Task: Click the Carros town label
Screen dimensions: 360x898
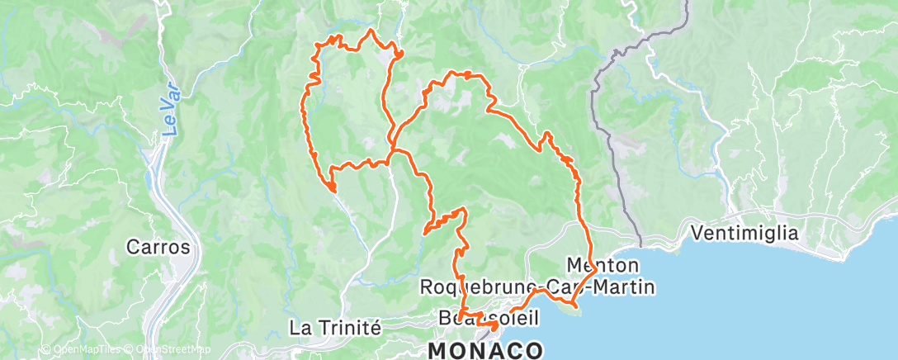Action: click(x=159, y=247)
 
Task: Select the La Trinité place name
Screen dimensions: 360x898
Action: click(x=334, y=328)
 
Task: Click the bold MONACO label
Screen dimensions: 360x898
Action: click(x=485, y=350)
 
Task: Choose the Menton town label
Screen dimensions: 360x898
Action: click(x=603, y=265)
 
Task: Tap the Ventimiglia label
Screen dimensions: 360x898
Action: click(x=746, y=234)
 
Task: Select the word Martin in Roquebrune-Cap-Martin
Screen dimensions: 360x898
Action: click(x=627, y=287)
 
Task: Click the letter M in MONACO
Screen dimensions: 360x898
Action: click(x=437, y=350)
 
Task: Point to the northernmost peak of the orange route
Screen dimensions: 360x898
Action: click(x=371, y=31)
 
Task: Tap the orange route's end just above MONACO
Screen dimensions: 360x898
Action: click(x=493, y=327)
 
